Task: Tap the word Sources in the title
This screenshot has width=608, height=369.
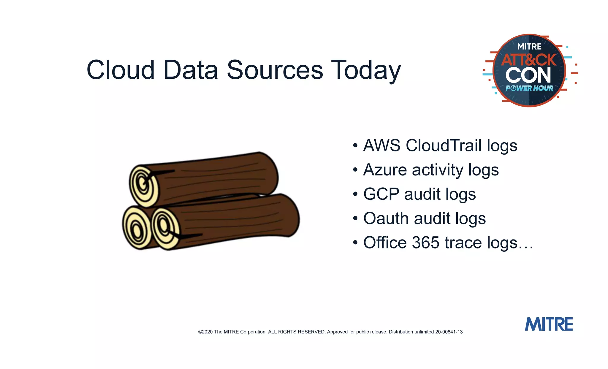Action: pos(275,70)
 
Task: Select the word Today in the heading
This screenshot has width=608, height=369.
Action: pos(366,71)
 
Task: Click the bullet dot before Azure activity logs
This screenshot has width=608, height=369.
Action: pos(355,170)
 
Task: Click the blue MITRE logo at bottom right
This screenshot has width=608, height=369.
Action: pos(549,324)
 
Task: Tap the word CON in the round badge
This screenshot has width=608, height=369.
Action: pos(528,75)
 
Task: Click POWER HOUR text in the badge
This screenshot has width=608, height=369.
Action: pos(529,88)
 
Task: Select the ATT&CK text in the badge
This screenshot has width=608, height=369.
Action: pos(529,60)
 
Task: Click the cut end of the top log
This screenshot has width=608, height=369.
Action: pos(144,186)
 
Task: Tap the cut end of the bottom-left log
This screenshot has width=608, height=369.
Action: pos(135,228)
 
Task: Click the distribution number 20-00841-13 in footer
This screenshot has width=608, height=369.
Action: pos(449,332)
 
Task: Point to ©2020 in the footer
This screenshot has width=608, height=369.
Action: pos(205,332)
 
